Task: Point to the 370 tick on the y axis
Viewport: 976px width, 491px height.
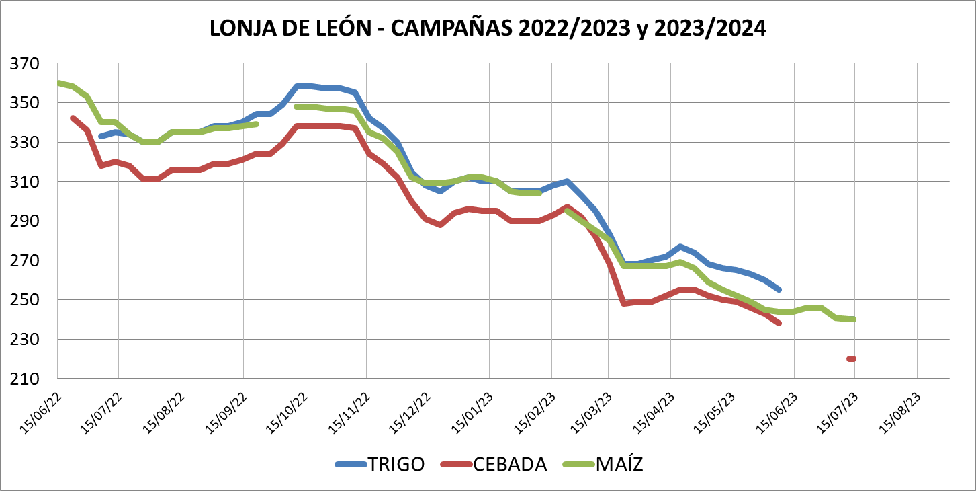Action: point(25,64)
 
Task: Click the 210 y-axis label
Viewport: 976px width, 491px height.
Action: point(25,379)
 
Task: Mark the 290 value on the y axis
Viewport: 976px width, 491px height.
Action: point(25,221)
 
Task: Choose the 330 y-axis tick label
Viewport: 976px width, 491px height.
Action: point(25,143)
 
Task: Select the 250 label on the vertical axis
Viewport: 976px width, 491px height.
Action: point(25,300)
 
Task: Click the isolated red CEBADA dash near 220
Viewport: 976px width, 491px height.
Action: point(852,358)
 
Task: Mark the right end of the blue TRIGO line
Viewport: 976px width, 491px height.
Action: point(779,289)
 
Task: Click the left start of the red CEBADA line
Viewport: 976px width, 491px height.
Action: point(73,118)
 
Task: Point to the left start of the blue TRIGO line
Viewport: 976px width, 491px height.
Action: point(101,137)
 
